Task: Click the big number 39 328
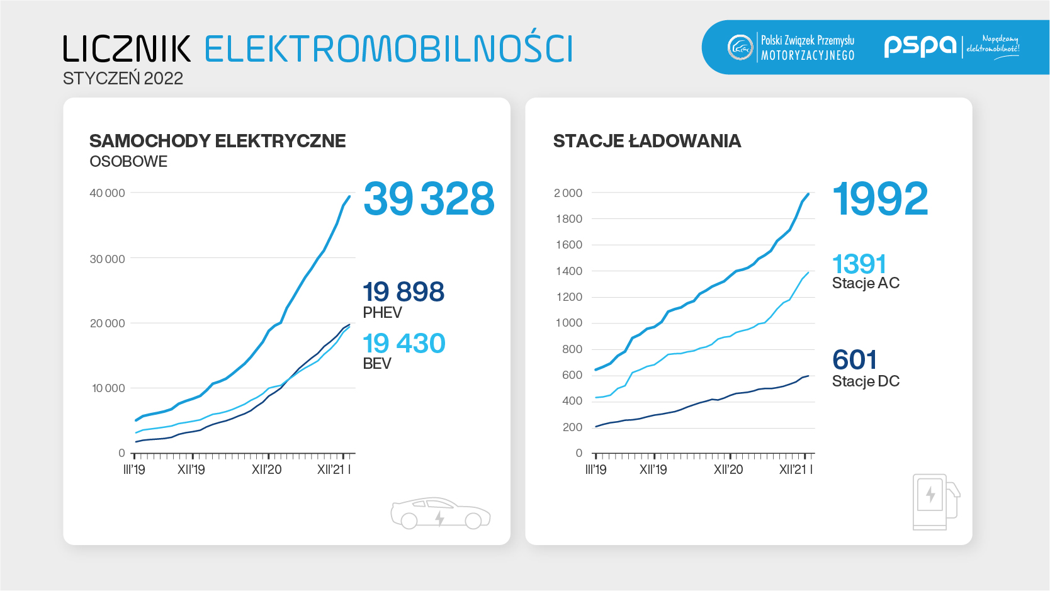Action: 429,199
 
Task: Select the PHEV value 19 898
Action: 404,292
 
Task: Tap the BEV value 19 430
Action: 404,344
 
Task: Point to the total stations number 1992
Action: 880,199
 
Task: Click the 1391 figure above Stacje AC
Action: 859,264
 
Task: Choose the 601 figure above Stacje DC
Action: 854,360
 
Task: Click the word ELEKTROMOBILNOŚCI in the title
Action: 388,49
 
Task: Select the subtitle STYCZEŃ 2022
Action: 123,79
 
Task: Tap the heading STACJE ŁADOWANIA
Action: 646,141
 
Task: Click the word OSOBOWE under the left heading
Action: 128,162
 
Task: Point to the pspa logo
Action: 920,46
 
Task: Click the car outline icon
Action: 440,513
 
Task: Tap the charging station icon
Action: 935,502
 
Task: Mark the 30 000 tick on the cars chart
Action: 107,259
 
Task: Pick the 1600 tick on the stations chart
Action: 568,245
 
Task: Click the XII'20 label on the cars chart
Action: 266,470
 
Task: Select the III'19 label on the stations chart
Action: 596,470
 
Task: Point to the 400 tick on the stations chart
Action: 572,401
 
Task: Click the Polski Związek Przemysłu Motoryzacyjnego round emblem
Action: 740,47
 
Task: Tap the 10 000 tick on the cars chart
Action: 108,388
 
